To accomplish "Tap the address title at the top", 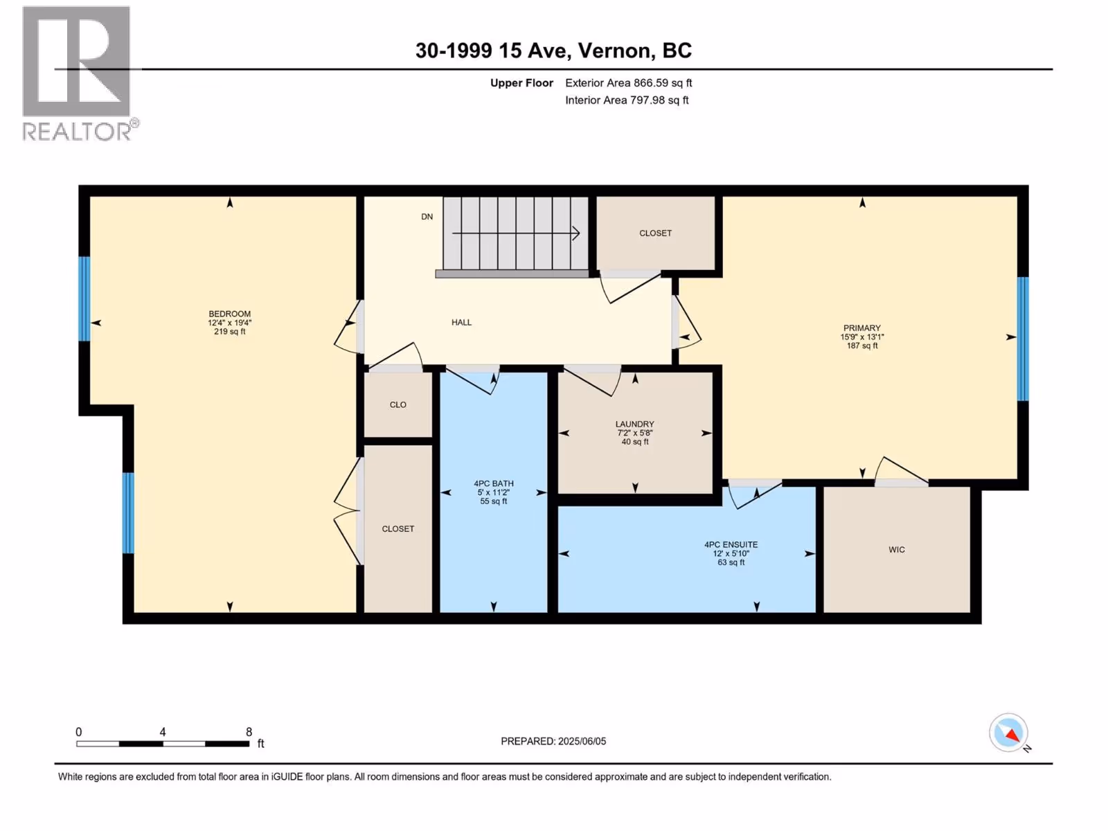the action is (x=553, y=51).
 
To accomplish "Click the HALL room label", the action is (x=461, y=323).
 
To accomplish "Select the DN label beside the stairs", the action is (x=427, y=217).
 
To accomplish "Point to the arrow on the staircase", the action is (x=515, y=233).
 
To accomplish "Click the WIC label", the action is (x=897, y=549).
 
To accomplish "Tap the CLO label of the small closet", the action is (x=397, y=404).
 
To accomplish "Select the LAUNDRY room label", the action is (x=634, y=425).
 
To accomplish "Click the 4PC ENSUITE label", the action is (x=731, y=544).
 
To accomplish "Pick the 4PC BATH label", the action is (x=494, y=483).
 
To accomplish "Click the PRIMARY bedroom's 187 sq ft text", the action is (x=862, y=346).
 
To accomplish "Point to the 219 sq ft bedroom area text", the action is (x=230, y=332).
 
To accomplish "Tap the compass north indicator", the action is (x=1009, y=733).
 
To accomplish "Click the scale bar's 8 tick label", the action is (x=249, y=731).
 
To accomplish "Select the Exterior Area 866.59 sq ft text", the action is (x=629, y=82).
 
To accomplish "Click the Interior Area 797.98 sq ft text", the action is (x=627, y=100).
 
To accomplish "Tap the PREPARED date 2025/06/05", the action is (x=582, y=741).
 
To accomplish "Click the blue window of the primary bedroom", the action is (x=1022, y=339).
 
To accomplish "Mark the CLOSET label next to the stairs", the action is (x=655, y=233).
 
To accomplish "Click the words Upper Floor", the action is (x=521, y=82).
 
